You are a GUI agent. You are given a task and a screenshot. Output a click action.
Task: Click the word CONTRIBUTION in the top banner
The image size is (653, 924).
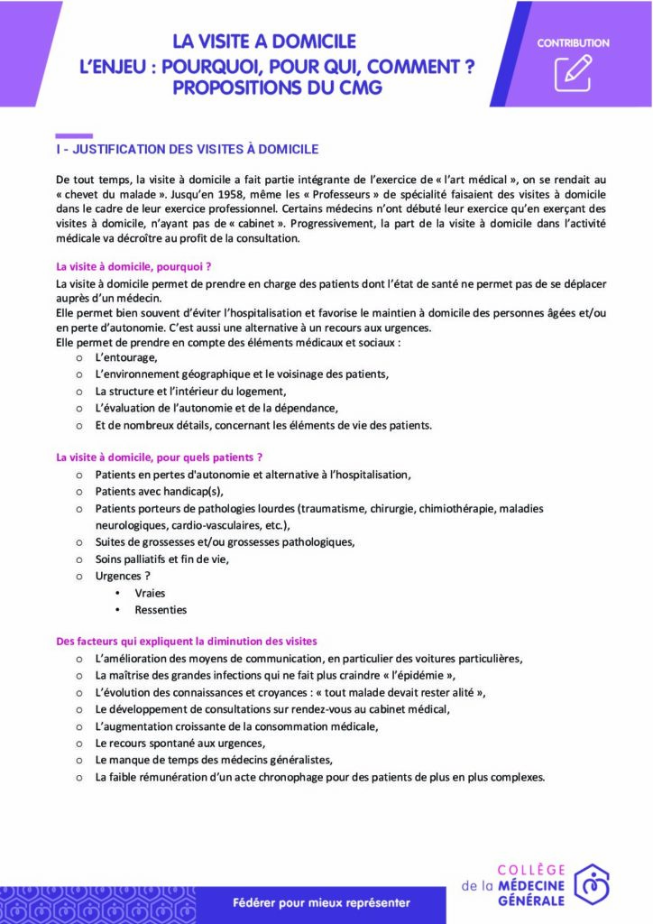(573, 42)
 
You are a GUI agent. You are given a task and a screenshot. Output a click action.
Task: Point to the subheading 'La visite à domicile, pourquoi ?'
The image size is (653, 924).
(133, 266)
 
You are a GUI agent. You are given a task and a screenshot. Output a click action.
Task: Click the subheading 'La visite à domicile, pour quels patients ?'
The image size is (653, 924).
(159, 457)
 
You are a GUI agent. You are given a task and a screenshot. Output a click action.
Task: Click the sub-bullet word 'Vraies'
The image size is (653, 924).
(150, 593)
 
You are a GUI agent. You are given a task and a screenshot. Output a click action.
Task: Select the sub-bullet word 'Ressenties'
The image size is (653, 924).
(161, 610)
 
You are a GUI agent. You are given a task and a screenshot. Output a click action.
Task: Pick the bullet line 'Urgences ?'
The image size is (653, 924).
(123, 576)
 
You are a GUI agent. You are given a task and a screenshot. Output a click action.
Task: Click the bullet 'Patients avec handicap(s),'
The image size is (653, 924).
(158, 491)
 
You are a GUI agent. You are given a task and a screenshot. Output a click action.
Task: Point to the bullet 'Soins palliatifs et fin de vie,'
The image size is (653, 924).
(162, 559)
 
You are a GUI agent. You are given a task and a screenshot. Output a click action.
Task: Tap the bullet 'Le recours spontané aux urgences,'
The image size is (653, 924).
(180, 743)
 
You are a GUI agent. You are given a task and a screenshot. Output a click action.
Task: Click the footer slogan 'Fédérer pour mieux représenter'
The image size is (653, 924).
(321, 902)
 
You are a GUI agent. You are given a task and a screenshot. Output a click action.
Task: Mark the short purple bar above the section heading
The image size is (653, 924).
(74, 135)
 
